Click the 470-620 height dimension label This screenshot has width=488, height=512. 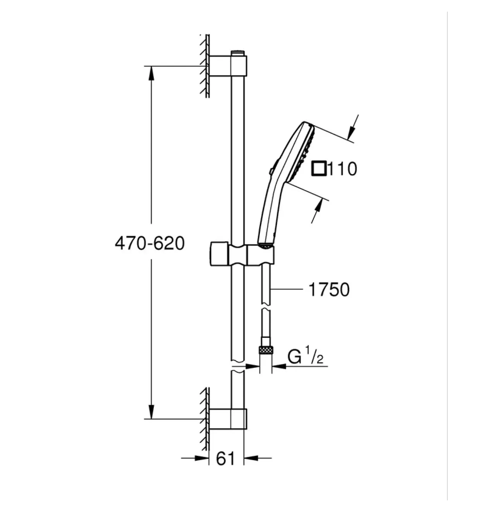pyautogui.click(x=149, y=244)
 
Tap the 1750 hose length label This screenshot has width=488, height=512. pyautogui.click(x=329, y=290)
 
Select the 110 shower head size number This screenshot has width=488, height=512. pyautogui.click(x=342, y=169)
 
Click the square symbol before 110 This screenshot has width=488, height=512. pyautogui.click(x=319, y=169)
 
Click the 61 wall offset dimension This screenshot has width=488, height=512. pyautogui.click(x=225, y=458)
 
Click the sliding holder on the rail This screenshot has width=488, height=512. pyautogui.click(x=241, y=254)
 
